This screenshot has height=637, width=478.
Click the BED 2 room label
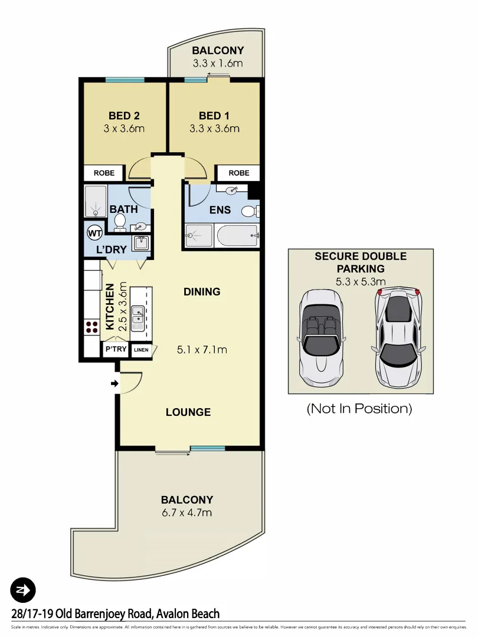click(x=124, y=116)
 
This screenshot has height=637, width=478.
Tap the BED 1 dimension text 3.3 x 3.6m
click(x=214, y=129)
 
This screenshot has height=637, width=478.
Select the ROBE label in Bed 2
click(x=104, y=173)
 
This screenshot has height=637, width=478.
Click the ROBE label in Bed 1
click(x=238, y=173)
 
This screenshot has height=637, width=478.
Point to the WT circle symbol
click(x=94, y=233)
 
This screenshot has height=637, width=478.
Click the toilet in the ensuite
click(x=250, y=211)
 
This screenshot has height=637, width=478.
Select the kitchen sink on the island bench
click(x=137, y=318)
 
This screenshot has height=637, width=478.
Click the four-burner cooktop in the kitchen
click(x=92, y=327)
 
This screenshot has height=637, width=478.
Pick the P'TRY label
click(x=116, y=350)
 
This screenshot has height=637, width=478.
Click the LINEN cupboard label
click(x=141, y=350)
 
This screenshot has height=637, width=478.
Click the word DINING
click(x=202, y=291)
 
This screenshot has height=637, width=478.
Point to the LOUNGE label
click(x=188, y=412)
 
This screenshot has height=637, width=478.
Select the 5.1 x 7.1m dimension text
click(x=202, y=350)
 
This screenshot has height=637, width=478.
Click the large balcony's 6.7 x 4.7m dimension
click(x=187, y=513)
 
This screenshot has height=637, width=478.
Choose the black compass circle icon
click(x=23, y=589)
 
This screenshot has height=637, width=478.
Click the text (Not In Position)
click(x=359, y=408)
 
